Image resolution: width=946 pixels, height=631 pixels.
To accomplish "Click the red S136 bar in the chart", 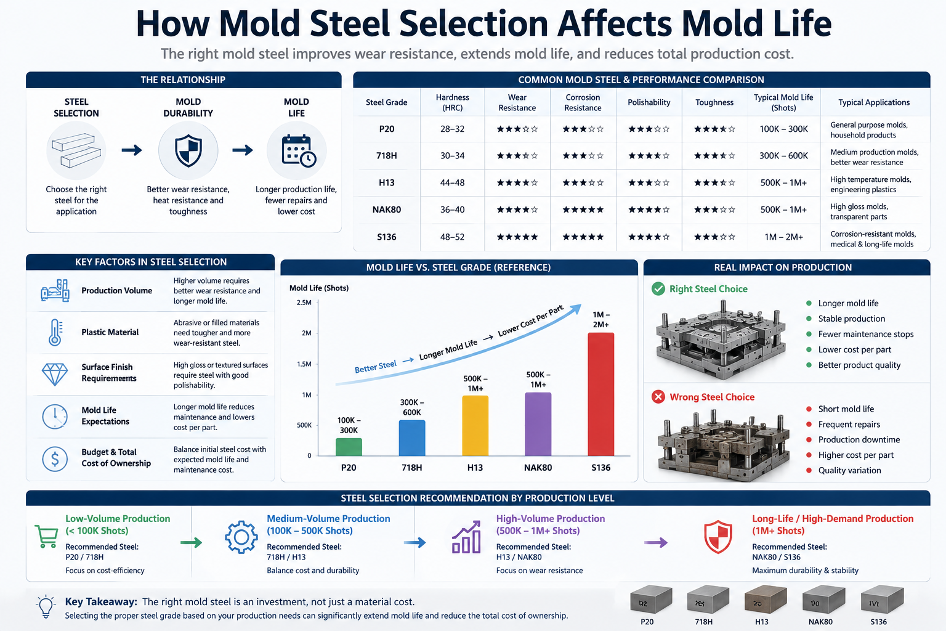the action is click(x=600, y=394).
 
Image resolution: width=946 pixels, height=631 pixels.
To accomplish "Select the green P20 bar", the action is click(x=349, y=447).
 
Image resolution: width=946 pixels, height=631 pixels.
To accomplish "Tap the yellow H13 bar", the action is click(x=475, y=426).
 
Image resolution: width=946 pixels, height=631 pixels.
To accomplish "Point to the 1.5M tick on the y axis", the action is click(x=304, y=364).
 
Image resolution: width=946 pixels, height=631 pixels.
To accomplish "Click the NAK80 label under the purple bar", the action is click(x=538, y=468).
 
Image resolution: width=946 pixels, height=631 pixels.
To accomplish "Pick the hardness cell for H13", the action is click(x=452, y=182).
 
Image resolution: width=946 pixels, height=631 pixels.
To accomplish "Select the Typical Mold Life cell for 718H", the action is click(x=783, y=155).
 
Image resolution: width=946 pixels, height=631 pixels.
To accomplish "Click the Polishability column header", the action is click(x=649, y=102).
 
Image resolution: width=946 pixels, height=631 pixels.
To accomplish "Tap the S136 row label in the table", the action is click(x=386, y=237).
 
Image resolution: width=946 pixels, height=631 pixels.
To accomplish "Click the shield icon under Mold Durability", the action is click(x=188, y=151).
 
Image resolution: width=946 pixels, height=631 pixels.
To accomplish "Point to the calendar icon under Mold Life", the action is click(x=299, y=151).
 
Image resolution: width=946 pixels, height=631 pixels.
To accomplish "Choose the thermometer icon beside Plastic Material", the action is click(x=55, y=333).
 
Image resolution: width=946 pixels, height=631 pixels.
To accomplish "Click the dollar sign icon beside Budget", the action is click(x=55, y=459).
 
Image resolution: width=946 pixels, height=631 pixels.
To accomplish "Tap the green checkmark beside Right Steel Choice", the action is click(x=658, y=289).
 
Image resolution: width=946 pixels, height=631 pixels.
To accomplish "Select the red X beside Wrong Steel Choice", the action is click(x=658, y=397).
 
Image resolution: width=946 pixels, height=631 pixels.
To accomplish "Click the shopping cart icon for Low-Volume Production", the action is click(x=46, y=537).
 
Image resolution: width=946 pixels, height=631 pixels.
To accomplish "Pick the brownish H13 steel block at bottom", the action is click(x=766, y=600).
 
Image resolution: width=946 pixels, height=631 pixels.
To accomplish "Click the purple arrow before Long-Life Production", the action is click(x=655, y=542).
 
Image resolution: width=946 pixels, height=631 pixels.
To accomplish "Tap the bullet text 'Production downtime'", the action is click(x=859, y=439).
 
